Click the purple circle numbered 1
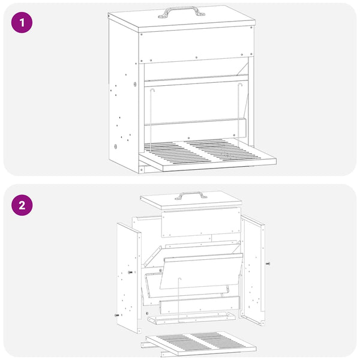(22, 23)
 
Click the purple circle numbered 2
(22, 205)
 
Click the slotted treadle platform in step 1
(208, 155)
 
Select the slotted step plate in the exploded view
(201, 343)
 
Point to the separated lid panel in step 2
(191, 200)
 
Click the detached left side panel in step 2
(128, 278)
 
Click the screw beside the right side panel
(268, 263)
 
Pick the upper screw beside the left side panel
(130, 272)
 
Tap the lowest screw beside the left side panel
(117, 315)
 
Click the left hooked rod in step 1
(151, 120)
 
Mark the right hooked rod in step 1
(239, 115)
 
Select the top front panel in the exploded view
(201, 222)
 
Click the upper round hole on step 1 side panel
(135, 84)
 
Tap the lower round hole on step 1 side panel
(115, 146)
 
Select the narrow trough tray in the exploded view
(192, 318)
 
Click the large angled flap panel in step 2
(202, 271)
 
